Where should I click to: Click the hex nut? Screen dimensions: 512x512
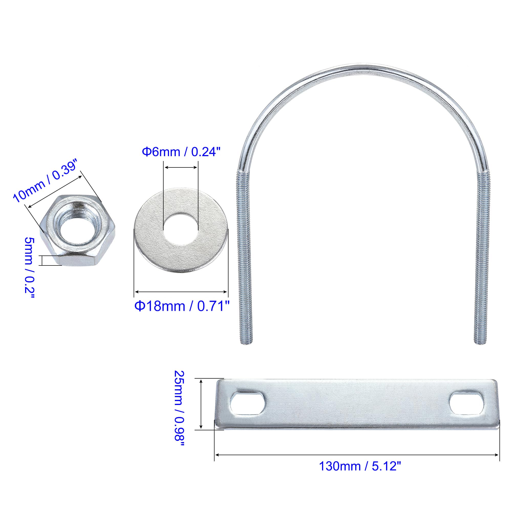78,230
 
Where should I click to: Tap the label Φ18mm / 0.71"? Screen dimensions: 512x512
182,306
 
